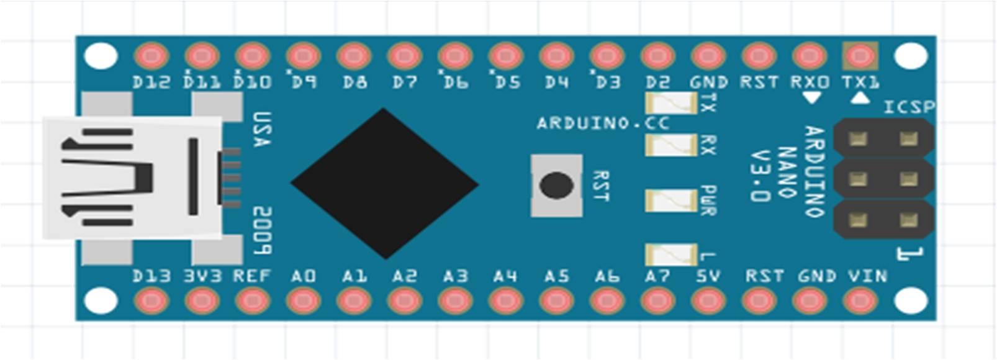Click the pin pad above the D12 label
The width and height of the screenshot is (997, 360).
point(151,56)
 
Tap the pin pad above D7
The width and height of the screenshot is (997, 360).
point(404,56)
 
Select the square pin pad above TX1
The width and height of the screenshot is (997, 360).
point(860,56)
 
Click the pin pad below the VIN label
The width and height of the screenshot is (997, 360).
point(860,301)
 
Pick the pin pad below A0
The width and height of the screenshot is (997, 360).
point(303,301)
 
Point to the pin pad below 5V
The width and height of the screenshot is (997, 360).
point(708,301)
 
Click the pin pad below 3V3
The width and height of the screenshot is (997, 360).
point(202,301)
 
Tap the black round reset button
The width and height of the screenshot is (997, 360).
point(556,186)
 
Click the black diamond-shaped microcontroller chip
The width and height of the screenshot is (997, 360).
point(385,184)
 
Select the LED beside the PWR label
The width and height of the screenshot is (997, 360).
point(671,200)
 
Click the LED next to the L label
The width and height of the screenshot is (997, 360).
point(671,254)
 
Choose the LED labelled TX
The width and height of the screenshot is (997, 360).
point(671,103)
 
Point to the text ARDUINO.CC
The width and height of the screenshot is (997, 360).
point(603,123)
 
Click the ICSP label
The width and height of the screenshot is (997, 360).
point(909,107)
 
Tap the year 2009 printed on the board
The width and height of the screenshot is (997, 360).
point(262,230)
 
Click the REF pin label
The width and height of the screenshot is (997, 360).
point(252,276)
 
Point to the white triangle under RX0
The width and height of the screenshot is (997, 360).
point(811,97)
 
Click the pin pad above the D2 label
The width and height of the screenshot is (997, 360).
point(657,56)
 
